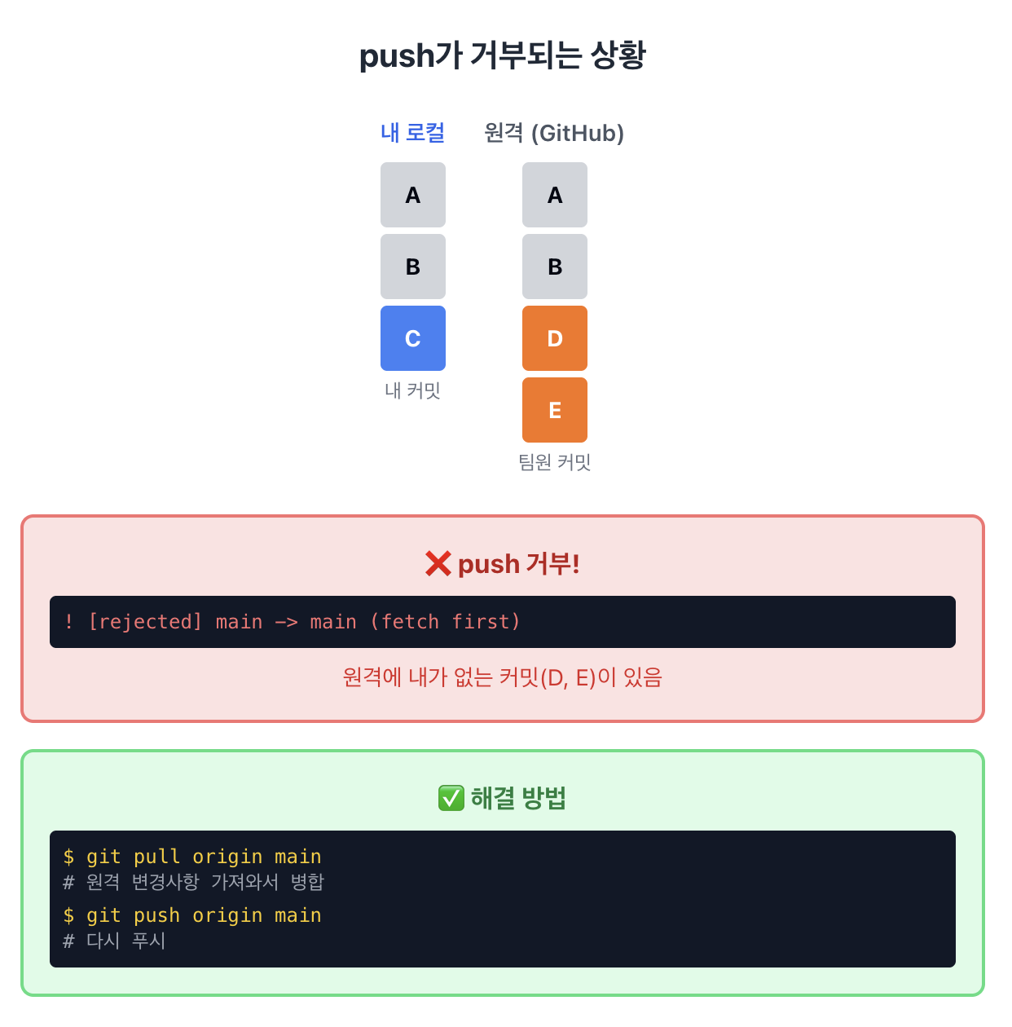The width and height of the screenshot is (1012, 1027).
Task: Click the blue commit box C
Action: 413,338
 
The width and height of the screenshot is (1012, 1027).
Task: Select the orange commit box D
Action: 555,338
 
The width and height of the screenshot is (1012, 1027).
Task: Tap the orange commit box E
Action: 555,410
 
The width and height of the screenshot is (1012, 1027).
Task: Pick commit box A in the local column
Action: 413,195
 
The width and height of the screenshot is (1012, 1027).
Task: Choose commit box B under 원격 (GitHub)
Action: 555,267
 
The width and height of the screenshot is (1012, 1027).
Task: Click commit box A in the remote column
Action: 555,195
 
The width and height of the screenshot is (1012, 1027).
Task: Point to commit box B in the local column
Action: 413,267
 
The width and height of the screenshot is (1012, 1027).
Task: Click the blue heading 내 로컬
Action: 412,133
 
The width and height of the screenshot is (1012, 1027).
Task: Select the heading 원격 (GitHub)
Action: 554,133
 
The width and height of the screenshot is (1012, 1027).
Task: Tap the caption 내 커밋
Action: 412,391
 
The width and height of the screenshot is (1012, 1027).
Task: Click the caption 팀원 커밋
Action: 555,463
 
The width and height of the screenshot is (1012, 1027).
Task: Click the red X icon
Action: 438,563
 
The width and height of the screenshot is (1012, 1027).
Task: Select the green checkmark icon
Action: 451,798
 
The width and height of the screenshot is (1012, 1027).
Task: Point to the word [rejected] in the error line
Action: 145,622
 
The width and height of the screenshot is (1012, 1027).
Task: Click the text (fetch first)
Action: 445,622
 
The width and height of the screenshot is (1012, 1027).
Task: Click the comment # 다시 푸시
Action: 115,941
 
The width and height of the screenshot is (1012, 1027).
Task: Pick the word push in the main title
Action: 397,56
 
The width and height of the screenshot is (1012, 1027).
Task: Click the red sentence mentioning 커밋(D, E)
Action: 503,677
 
